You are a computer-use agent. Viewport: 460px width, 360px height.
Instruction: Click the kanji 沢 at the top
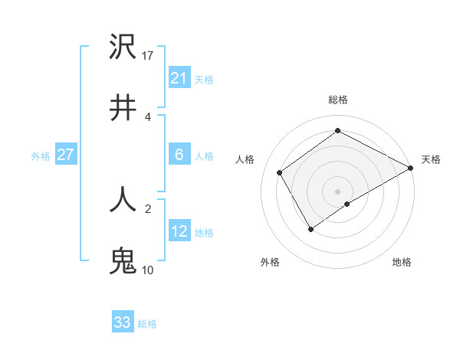tap(123, 48)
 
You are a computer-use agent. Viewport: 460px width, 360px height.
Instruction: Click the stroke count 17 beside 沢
tap(148, 55)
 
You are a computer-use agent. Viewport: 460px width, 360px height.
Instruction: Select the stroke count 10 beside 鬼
tap(148, 270)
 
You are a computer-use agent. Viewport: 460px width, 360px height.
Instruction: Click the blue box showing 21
tap(179, 78)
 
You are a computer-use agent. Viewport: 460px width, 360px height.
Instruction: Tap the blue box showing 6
tap(179, 155)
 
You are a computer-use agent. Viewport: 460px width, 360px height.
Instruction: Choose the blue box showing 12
tap(179, 231)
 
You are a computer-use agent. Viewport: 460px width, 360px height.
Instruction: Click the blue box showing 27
tap(65, 155)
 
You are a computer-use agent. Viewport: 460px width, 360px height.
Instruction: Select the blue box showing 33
tap(123, 322)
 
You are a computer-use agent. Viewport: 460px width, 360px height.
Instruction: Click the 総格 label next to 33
tap(147, 324)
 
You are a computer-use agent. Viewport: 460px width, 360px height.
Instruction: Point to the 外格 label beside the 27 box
tap(41, 156)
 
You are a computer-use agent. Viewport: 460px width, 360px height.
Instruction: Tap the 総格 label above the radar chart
tap(338, 100)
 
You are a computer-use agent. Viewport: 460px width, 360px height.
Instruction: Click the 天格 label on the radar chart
tap(431, 159)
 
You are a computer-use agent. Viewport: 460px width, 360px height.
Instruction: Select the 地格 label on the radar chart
tap(402, 262)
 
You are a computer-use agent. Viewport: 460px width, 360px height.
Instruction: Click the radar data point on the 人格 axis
tap(280, 172)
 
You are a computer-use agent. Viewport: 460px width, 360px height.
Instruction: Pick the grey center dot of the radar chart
tap(338, 191)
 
